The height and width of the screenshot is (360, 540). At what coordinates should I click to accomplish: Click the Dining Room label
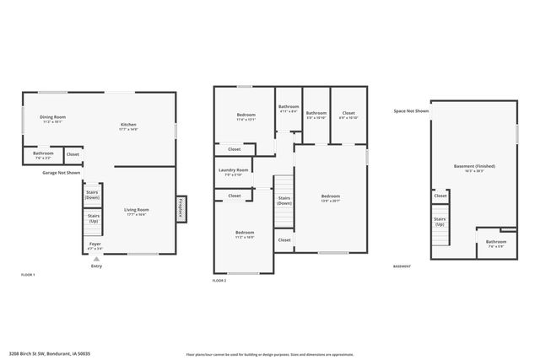click(x=54, y=119)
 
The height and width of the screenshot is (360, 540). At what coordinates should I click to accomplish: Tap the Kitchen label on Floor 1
click(x=128, y=126)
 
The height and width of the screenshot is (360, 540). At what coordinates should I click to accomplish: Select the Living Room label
click(x=137, y=212)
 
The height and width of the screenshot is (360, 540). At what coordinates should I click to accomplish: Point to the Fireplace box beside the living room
click(x=181, y=207)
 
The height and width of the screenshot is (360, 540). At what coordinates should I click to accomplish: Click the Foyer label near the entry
click(x=95, y=247)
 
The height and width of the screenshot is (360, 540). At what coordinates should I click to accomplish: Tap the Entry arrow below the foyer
click(x=96, y=261)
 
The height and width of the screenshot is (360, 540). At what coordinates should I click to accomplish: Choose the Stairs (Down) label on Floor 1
click(x=93, y=195)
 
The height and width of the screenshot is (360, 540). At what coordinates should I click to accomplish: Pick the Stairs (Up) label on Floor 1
click(x=93, y=218)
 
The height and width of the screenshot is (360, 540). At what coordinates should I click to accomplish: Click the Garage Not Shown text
click(x=62, y=172)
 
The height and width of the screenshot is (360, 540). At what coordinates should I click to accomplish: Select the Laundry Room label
click(x=234, y=173)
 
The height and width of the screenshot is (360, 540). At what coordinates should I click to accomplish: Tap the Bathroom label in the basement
click(x=495, y=244)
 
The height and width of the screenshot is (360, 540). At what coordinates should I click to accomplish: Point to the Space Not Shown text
click(x=411, y=111)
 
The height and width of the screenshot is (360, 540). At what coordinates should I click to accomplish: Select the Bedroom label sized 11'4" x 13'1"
click(x=246, y=116)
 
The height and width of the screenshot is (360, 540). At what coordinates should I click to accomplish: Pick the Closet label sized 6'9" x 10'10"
click(x=348, y=115)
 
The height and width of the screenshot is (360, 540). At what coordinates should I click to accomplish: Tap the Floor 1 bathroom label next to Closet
click(x=43, y=155)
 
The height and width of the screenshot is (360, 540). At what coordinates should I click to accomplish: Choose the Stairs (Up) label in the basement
click(x=440, y=222)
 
